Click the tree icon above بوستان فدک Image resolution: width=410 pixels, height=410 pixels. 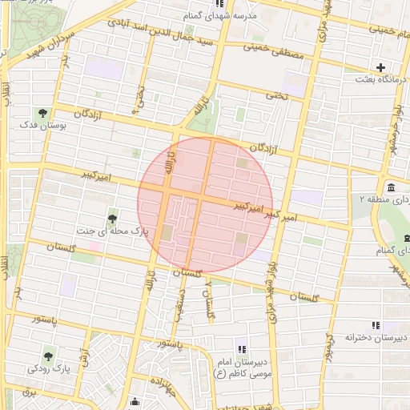tap(42, 113)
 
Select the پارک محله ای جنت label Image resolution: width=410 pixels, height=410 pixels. tap(111, 231)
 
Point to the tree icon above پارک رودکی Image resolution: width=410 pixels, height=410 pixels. tap(50, 355)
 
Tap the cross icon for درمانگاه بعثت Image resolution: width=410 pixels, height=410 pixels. tap(380, 67)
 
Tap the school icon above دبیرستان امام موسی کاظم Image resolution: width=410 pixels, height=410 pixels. tap(243, 347)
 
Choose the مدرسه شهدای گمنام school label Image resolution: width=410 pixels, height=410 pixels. tap(244, 15)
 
